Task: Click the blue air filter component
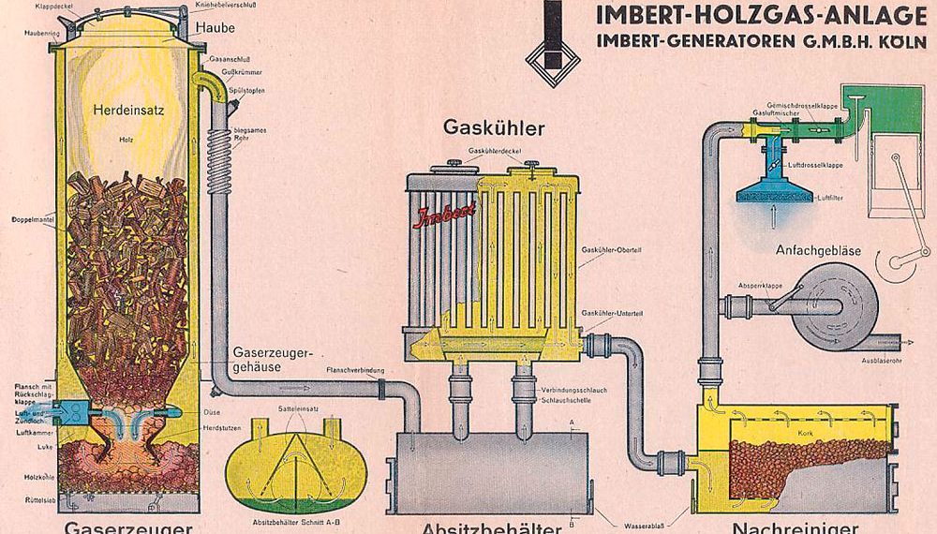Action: pos(774,192)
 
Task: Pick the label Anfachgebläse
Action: pos(817,251)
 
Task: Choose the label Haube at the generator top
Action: pos(216,28)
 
